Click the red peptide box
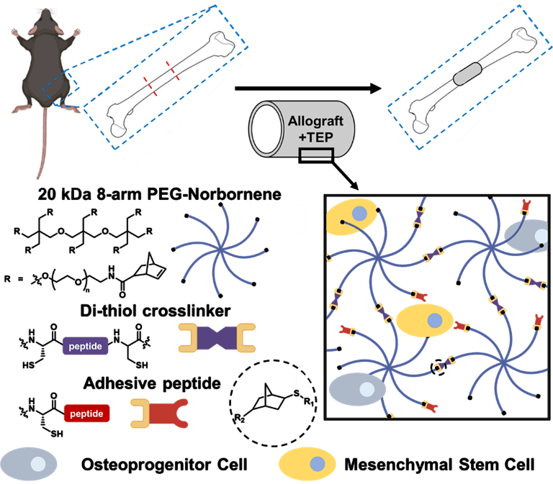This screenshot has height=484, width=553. (87, 414)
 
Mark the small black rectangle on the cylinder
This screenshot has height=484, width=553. (317, 152)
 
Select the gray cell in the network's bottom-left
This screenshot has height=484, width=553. (358, 389)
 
